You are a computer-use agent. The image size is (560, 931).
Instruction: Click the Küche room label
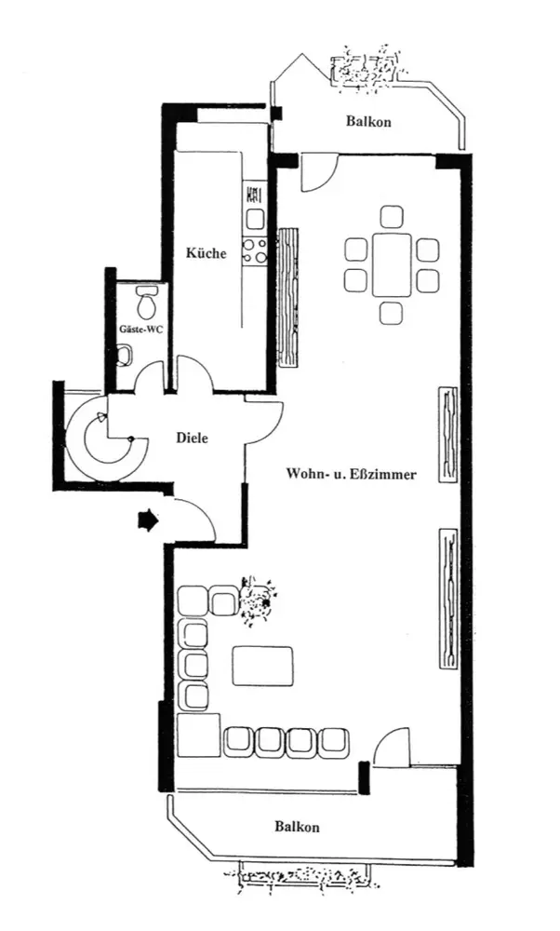tap(207, 253)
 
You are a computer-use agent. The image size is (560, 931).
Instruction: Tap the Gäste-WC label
tap(140, 329)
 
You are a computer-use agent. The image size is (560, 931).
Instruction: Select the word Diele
tap(193, 439)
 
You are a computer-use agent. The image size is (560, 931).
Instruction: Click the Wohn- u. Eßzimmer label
tap(352, 474)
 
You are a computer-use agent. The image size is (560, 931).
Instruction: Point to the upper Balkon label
tap(369, 122)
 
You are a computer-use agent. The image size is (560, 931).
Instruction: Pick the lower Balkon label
tap(297, 827)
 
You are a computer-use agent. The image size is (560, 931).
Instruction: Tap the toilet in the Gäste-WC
tap(145, 303)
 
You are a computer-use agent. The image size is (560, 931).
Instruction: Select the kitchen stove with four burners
tap(254, 250)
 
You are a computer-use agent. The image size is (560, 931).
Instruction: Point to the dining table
tap(392, 264)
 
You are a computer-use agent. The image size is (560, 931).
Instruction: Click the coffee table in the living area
tap(263, 666)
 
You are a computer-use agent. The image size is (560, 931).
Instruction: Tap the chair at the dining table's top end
tap(392, 217)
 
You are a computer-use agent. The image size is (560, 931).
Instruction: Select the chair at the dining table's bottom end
tap(392, 313)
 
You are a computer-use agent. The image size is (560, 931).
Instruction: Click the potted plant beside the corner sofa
tap(256, 600)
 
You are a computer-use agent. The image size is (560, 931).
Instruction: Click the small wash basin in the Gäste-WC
tap(125, 357)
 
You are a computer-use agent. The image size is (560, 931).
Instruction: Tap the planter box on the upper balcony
tap(364, 68)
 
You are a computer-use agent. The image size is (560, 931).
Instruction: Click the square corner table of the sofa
tap(199, 735)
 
